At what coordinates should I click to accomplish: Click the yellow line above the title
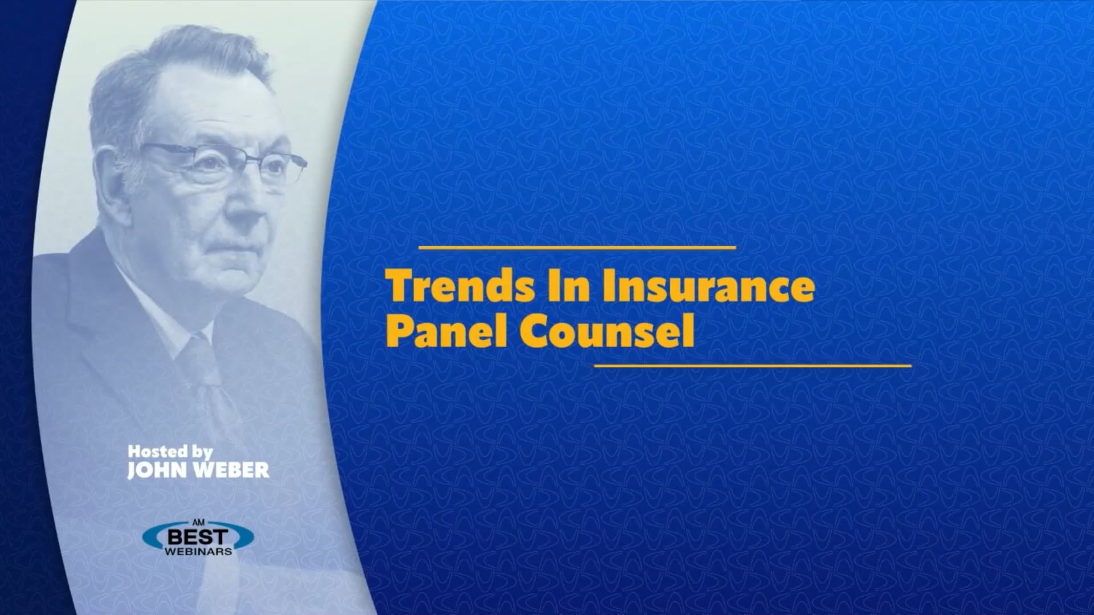[577, 248]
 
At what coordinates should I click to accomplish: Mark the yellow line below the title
[752, 366]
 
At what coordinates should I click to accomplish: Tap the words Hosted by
[170, 452]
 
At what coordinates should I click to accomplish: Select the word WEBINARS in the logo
[198, 552]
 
